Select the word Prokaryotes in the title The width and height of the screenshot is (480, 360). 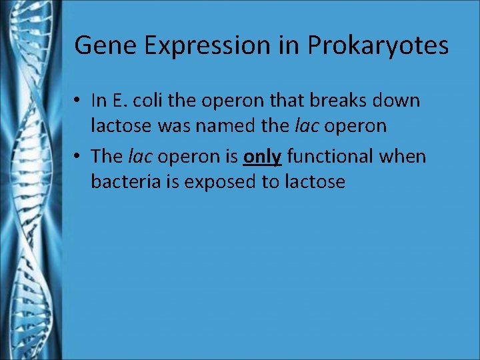377,45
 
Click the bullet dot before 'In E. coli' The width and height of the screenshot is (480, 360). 78,101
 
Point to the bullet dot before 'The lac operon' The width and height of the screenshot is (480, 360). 78,157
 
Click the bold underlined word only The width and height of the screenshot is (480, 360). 263,157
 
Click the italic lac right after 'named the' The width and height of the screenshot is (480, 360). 307,125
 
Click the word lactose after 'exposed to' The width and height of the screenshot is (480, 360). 315,181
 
